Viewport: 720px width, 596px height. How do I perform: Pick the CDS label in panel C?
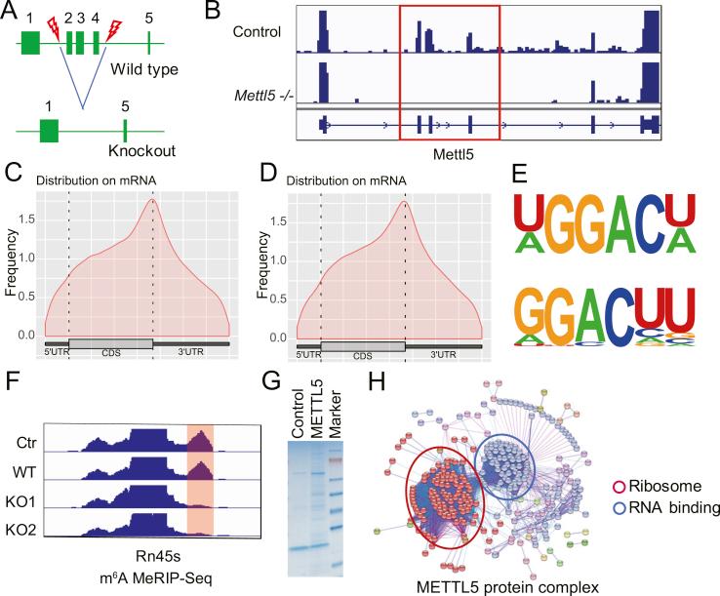click(110, 355)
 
